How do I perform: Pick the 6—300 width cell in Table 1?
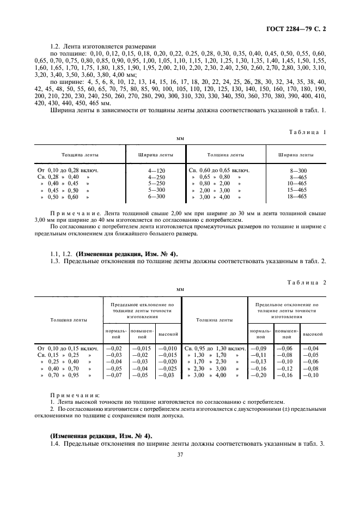point(156,196)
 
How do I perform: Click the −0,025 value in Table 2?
point(168,368)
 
